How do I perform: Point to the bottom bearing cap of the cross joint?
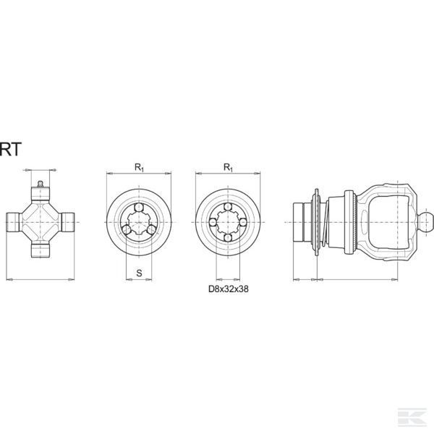point(41,250)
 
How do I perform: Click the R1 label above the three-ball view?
point(138,167)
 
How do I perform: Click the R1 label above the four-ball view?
point(228,167)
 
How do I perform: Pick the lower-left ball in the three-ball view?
point(126,231)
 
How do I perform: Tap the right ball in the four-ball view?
point(244,221)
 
